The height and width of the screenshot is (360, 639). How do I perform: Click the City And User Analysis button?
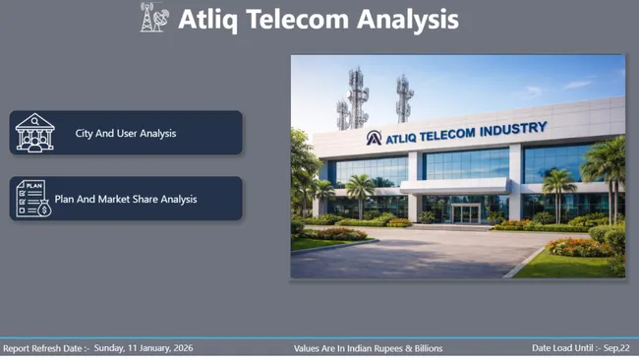click(x=126, y=133)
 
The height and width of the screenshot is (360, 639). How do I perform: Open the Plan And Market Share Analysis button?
click(x=126, y=199)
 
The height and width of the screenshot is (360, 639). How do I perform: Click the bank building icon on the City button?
click(x=34, y=133)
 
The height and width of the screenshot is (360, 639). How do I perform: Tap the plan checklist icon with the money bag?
click(x=31, y=199)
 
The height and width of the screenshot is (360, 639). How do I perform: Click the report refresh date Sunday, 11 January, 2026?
click(x=144, y=348)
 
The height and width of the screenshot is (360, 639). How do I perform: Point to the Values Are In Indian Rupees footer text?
click(x=368, y=348)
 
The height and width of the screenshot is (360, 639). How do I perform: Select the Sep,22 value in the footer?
click(x=616, y=348)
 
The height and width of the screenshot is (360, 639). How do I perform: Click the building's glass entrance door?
click(x=465, y=212)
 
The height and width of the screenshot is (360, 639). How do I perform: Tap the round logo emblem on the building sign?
click(x=374, y=138)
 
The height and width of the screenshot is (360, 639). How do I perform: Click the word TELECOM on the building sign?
click(x=448, y=133)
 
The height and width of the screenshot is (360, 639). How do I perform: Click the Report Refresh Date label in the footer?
click(x=45, y=348)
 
